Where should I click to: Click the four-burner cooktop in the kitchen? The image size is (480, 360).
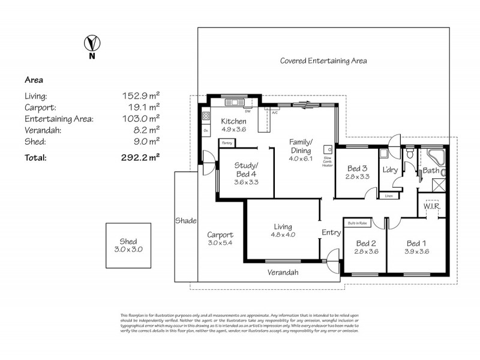pos(206,116)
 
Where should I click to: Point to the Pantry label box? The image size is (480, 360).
pos(227,143)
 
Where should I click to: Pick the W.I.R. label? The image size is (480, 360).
pos(432,206)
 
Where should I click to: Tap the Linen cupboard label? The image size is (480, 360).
pos(388,196)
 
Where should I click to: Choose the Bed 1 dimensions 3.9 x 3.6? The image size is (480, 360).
pos(416,252)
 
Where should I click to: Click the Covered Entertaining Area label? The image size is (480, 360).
pos(323,61)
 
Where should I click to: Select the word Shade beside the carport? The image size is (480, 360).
pos(186,221)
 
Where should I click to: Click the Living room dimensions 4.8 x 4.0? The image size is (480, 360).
pos(283,236)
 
